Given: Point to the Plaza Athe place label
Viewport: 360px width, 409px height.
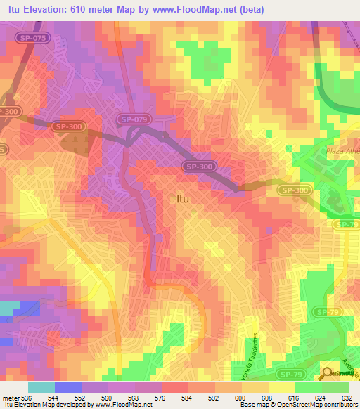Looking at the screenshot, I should (x=342, y=152).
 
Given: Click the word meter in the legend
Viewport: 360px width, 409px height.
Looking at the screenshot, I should (x=9, y=398).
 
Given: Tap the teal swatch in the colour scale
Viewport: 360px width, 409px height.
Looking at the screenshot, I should (x=41, y=387).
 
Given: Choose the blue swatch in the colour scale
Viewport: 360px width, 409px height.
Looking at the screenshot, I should (x=67, y=387).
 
